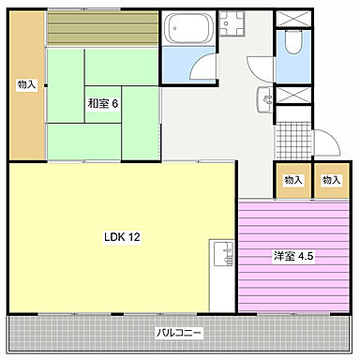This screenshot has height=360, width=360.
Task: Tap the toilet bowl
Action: (293, 42)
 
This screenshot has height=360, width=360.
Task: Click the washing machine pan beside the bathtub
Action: (232, 26)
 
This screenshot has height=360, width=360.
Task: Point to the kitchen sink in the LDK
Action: (222, 255)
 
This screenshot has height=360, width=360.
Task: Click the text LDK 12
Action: (122, 237)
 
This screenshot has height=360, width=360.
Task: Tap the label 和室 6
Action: (103, 103)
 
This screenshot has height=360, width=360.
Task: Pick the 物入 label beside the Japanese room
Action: (26, 85)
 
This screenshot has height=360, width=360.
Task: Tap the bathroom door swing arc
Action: (200, 66)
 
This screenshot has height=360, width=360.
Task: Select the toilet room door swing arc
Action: (260, 66)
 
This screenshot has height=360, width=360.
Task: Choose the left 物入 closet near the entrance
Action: (293, 181)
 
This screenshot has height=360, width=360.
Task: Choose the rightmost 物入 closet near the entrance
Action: (330, 181)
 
